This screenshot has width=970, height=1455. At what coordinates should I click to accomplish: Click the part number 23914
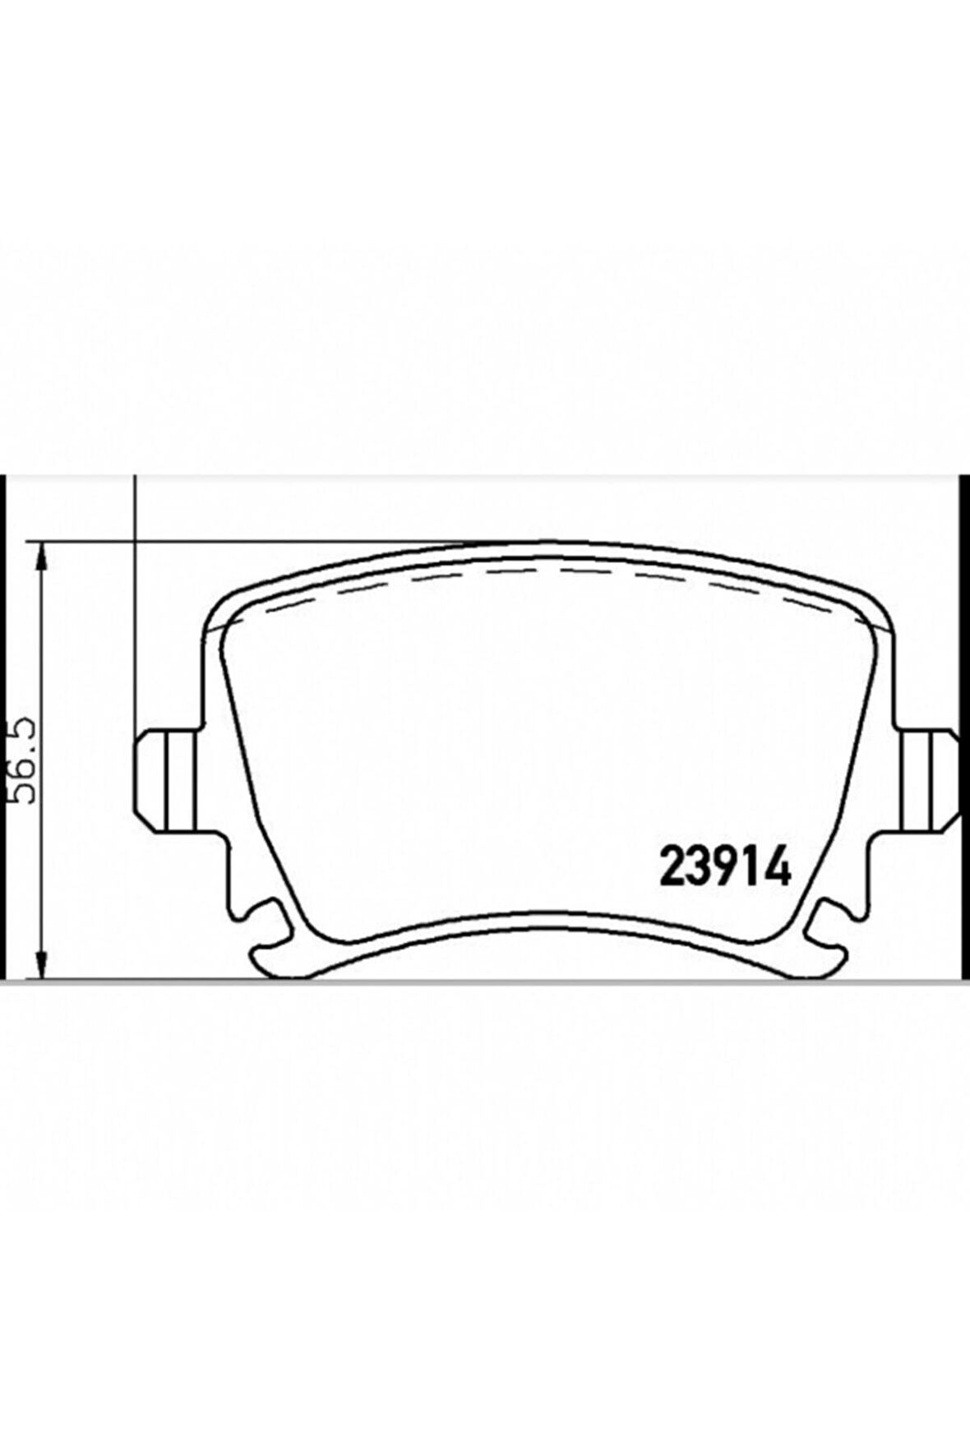tap(725, 865)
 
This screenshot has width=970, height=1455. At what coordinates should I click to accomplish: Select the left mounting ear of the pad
tap(164, 779)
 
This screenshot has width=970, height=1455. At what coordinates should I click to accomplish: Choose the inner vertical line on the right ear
tap(904, 779)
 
